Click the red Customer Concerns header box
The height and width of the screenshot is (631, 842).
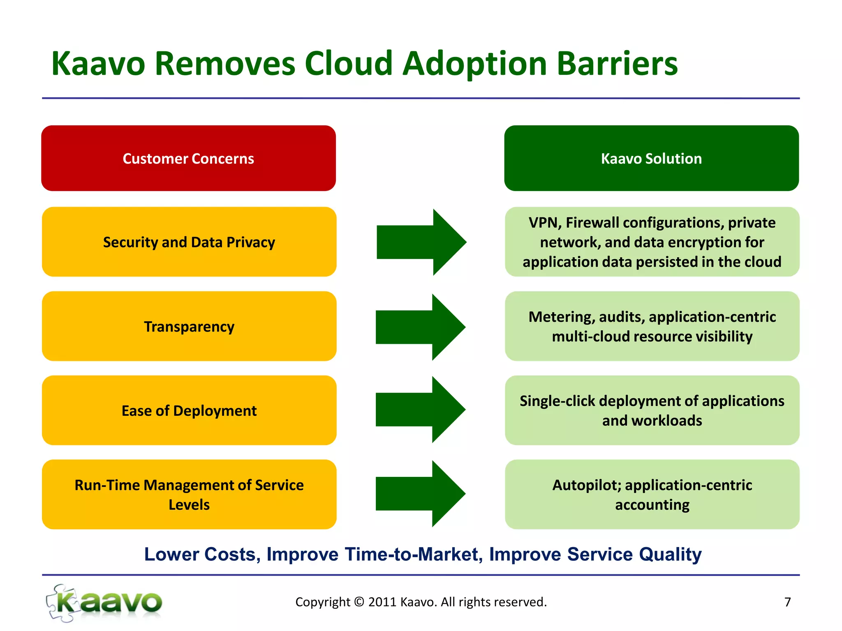click(188, 158)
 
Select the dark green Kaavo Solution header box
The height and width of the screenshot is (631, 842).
click(651, 158)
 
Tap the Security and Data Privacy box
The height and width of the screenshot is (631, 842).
click(189, 242)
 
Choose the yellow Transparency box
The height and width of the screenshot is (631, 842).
click(189, 327)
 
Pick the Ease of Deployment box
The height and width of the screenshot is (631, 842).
click(189, 410)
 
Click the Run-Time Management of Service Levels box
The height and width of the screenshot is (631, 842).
click(189, 494)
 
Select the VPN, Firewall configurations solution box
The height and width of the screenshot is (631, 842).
click(652, 242)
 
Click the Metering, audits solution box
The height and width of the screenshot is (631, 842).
click(652, 327)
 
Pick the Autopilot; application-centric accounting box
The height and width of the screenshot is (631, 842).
click(652, 494)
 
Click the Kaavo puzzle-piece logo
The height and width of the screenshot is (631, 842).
click(104, 603)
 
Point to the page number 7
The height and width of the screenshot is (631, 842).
click(787, 602)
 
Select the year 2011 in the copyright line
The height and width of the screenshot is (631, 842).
click(382, 602)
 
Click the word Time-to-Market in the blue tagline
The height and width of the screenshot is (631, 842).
click(411, 555)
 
